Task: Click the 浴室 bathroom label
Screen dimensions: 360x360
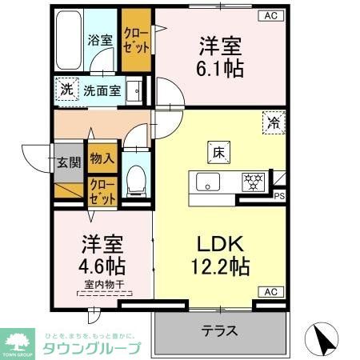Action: (99, 38)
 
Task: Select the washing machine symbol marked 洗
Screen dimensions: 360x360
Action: (66, 90)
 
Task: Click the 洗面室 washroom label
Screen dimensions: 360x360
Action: (103, 90)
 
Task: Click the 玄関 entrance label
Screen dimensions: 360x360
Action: (68, 162)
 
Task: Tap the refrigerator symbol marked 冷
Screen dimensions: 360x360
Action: (274, 122)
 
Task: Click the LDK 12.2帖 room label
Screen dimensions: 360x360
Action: (216, 255)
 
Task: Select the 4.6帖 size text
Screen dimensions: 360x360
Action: (100, 265)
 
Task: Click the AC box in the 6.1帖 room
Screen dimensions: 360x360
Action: (270, 15)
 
